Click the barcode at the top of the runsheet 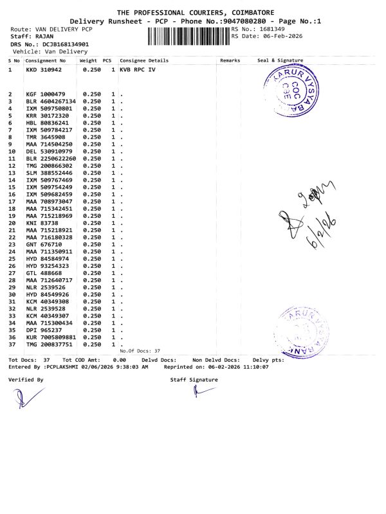[x=188, y=36]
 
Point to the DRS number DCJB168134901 [x=66, y=44]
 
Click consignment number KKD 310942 [x=44, y=69]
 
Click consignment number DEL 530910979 [x=48, y=151]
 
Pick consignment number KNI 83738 [x=42, y=223]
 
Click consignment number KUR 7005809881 [x=51, y=337]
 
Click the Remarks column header [x=230, y=60]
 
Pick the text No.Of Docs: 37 [x=140, y=351]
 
